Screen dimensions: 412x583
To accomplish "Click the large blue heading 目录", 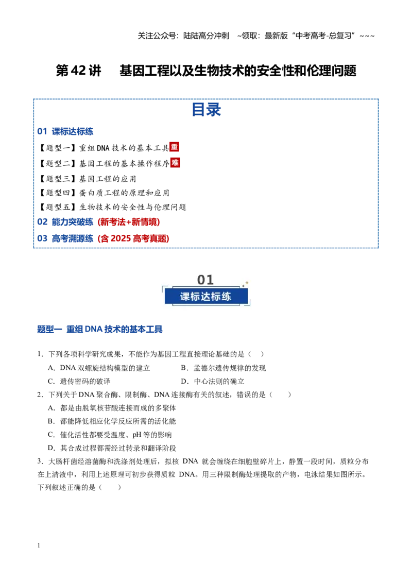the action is click(206, 110).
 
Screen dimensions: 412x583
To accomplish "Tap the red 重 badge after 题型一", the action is click(174, 147).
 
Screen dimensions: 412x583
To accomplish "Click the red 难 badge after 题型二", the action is click(175, 162).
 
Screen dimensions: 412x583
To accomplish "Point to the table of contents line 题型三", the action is click(88, 179).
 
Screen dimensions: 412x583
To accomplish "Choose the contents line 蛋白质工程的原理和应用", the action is click(104, 193).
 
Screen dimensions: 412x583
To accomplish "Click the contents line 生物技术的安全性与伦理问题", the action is click(112, 207).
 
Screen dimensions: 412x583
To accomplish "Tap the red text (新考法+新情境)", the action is click(129, 222).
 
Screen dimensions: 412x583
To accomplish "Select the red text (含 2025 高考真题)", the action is click(133, 238).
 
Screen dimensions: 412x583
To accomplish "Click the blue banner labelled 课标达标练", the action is click(206, 296).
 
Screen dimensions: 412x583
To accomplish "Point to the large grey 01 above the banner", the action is click(205, 280).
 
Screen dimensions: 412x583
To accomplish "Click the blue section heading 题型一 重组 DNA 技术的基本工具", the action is click(100, 329).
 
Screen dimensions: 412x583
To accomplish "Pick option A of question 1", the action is click(99, 368).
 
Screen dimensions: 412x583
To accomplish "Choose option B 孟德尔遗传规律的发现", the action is click(224, 368).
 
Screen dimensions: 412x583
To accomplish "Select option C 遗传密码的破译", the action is click(79, 382).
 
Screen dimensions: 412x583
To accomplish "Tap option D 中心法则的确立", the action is click(213, 382).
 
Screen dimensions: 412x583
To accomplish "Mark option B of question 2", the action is click(112, 421).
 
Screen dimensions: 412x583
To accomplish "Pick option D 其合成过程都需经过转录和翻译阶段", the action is click(112, 448).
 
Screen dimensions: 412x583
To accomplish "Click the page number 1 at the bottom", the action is click(39, 545).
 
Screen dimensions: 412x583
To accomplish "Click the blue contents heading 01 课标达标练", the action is click(65, 131).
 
